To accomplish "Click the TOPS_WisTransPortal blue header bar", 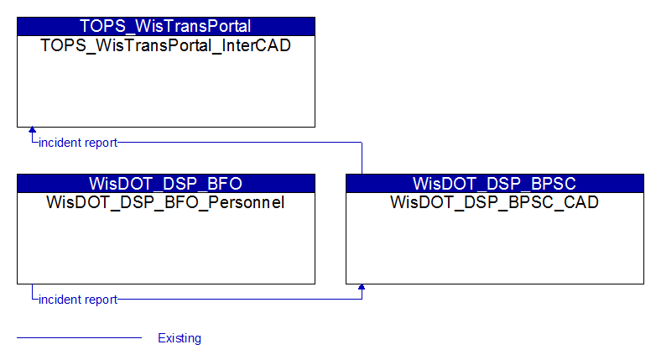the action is tap(166, 26).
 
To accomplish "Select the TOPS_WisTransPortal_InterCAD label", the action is tap(165, 45).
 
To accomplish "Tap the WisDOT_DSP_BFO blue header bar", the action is tap(166, 183).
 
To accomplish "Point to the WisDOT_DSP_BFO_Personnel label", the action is tap(165, 202).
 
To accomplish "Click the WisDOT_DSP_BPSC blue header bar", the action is tap(495, 183).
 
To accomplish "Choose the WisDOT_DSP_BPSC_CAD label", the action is tap(494, 202).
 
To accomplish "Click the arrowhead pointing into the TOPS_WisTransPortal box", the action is tap(32, 130).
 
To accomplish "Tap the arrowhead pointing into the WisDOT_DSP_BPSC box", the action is tap(362, 287).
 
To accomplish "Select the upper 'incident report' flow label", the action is tap(78, 143).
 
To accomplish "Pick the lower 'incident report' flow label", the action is tap(78, 300).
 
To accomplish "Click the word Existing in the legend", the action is tap(180, 338).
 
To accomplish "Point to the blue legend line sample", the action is tap(80, 337).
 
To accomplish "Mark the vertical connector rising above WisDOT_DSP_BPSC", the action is tap(362, 159).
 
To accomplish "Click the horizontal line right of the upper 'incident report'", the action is tap(240, 143).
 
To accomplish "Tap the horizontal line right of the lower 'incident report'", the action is tap(240, 299).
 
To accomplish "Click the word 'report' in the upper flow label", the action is tap(101, 143).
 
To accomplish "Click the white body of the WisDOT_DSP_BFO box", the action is tap(166, 247).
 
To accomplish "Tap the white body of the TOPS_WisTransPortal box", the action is tap(166, 90).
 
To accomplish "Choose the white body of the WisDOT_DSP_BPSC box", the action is tap(495, 247).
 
